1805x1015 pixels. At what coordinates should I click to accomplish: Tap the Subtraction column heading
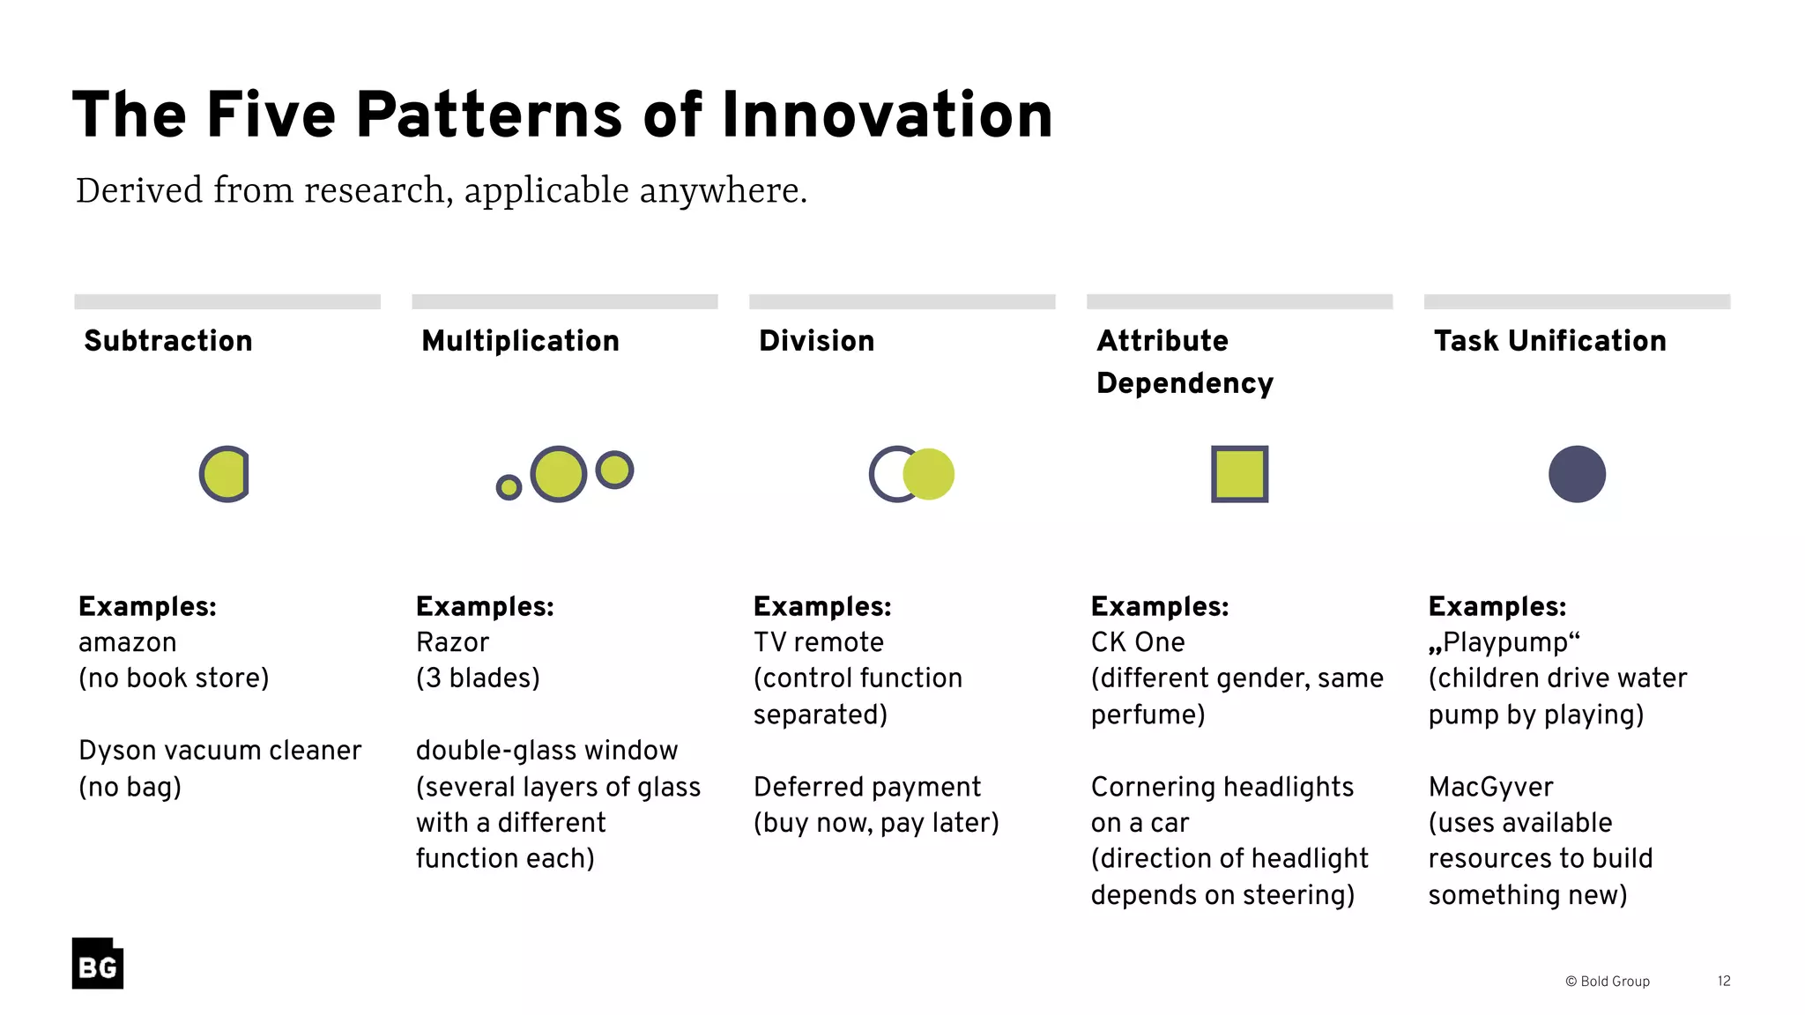coord(168,341)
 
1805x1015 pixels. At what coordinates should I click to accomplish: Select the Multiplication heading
coord(520,341)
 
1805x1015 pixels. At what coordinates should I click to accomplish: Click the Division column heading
coord(816,341)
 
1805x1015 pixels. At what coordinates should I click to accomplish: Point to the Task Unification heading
coord(1549,341)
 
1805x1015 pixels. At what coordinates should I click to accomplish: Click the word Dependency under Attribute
coord(1185,383)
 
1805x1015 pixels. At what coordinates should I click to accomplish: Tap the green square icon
coord(1239,474)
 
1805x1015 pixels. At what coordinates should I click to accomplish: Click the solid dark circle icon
coord(1577,474)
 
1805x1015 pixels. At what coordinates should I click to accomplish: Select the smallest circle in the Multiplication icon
coord(509,487)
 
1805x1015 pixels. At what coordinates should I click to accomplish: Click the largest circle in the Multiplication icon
coord(559,474)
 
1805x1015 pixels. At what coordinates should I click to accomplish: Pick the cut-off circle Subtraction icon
coord(225,474)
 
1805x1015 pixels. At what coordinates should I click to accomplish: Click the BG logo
coord(98,964)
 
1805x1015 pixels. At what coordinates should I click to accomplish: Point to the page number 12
coord(1723,981)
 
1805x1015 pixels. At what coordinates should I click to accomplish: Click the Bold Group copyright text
coord(1608,981)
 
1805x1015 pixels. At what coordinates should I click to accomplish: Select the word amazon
coord(128,642)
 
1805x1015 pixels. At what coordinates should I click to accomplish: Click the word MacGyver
coord(1490,787)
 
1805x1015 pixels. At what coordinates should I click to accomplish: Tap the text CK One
coord(1138,642)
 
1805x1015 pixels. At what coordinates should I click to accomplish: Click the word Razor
coord(452,642)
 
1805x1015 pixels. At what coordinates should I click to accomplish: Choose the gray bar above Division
coord(902,301)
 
